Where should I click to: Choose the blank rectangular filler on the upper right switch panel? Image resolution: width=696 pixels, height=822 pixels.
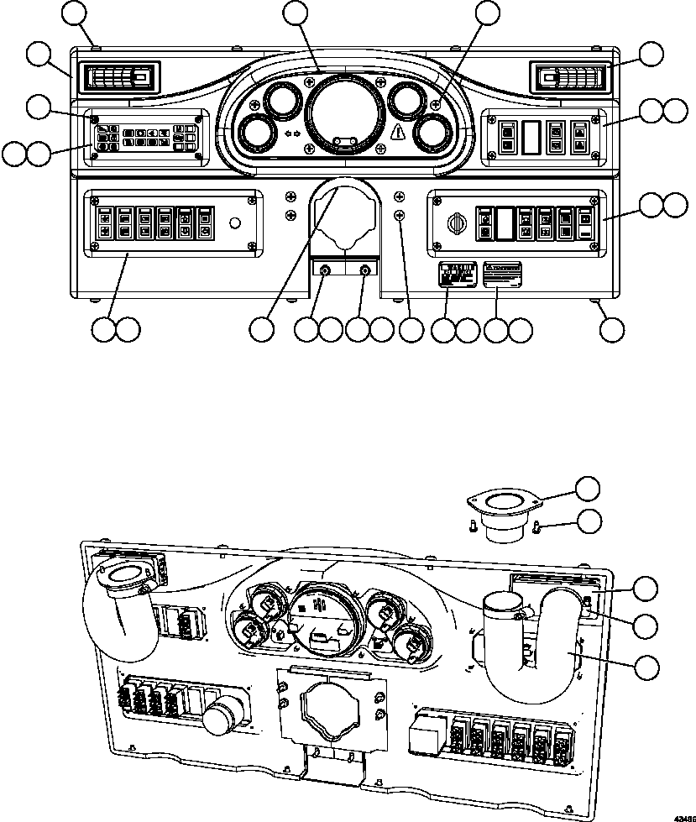[x=529, y=137]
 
